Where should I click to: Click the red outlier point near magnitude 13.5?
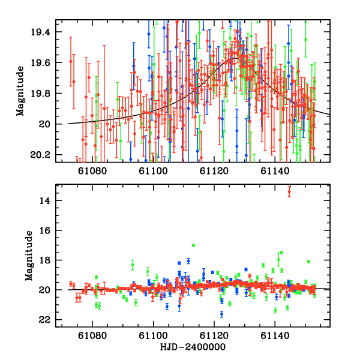(x=289, y=192)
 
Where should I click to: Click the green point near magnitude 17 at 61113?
(x=193, y=245)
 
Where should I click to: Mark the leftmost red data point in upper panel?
(x=71, y=61)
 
